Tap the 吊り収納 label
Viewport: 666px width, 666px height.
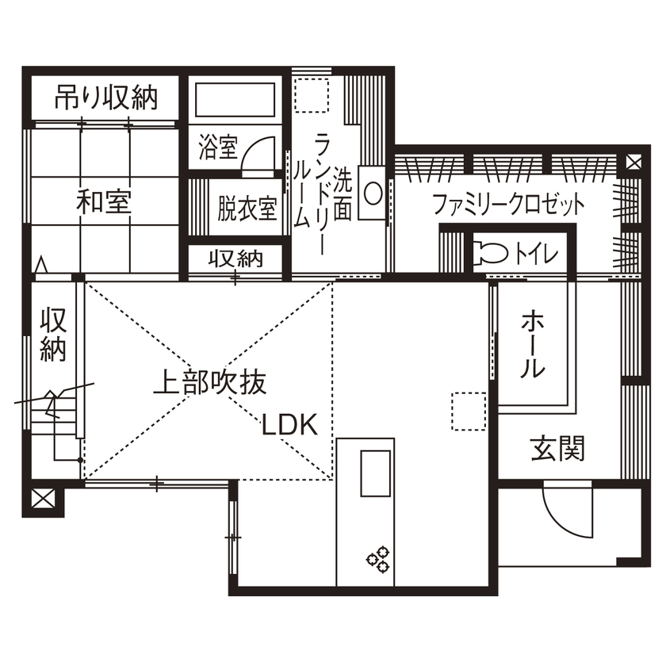[105, 98]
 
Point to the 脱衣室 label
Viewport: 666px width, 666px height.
[247, 210]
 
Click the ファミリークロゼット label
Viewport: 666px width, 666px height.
[508, 205]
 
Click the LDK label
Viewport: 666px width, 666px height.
[290, 426]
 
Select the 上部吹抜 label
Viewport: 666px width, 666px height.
[209, 384]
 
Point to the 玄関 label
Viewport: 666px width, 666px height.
[557, 450]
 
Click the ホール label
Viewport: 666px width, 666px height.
[532, 345]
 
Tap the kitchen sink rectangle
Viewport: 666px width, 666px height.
[377, 473]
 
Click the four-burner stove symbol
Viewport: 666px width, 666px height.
[378, 558]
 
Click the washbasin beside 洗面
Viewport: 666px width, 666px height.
[372, 192]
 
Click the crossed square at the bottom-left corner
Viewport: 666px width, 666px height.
[43, 500]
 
